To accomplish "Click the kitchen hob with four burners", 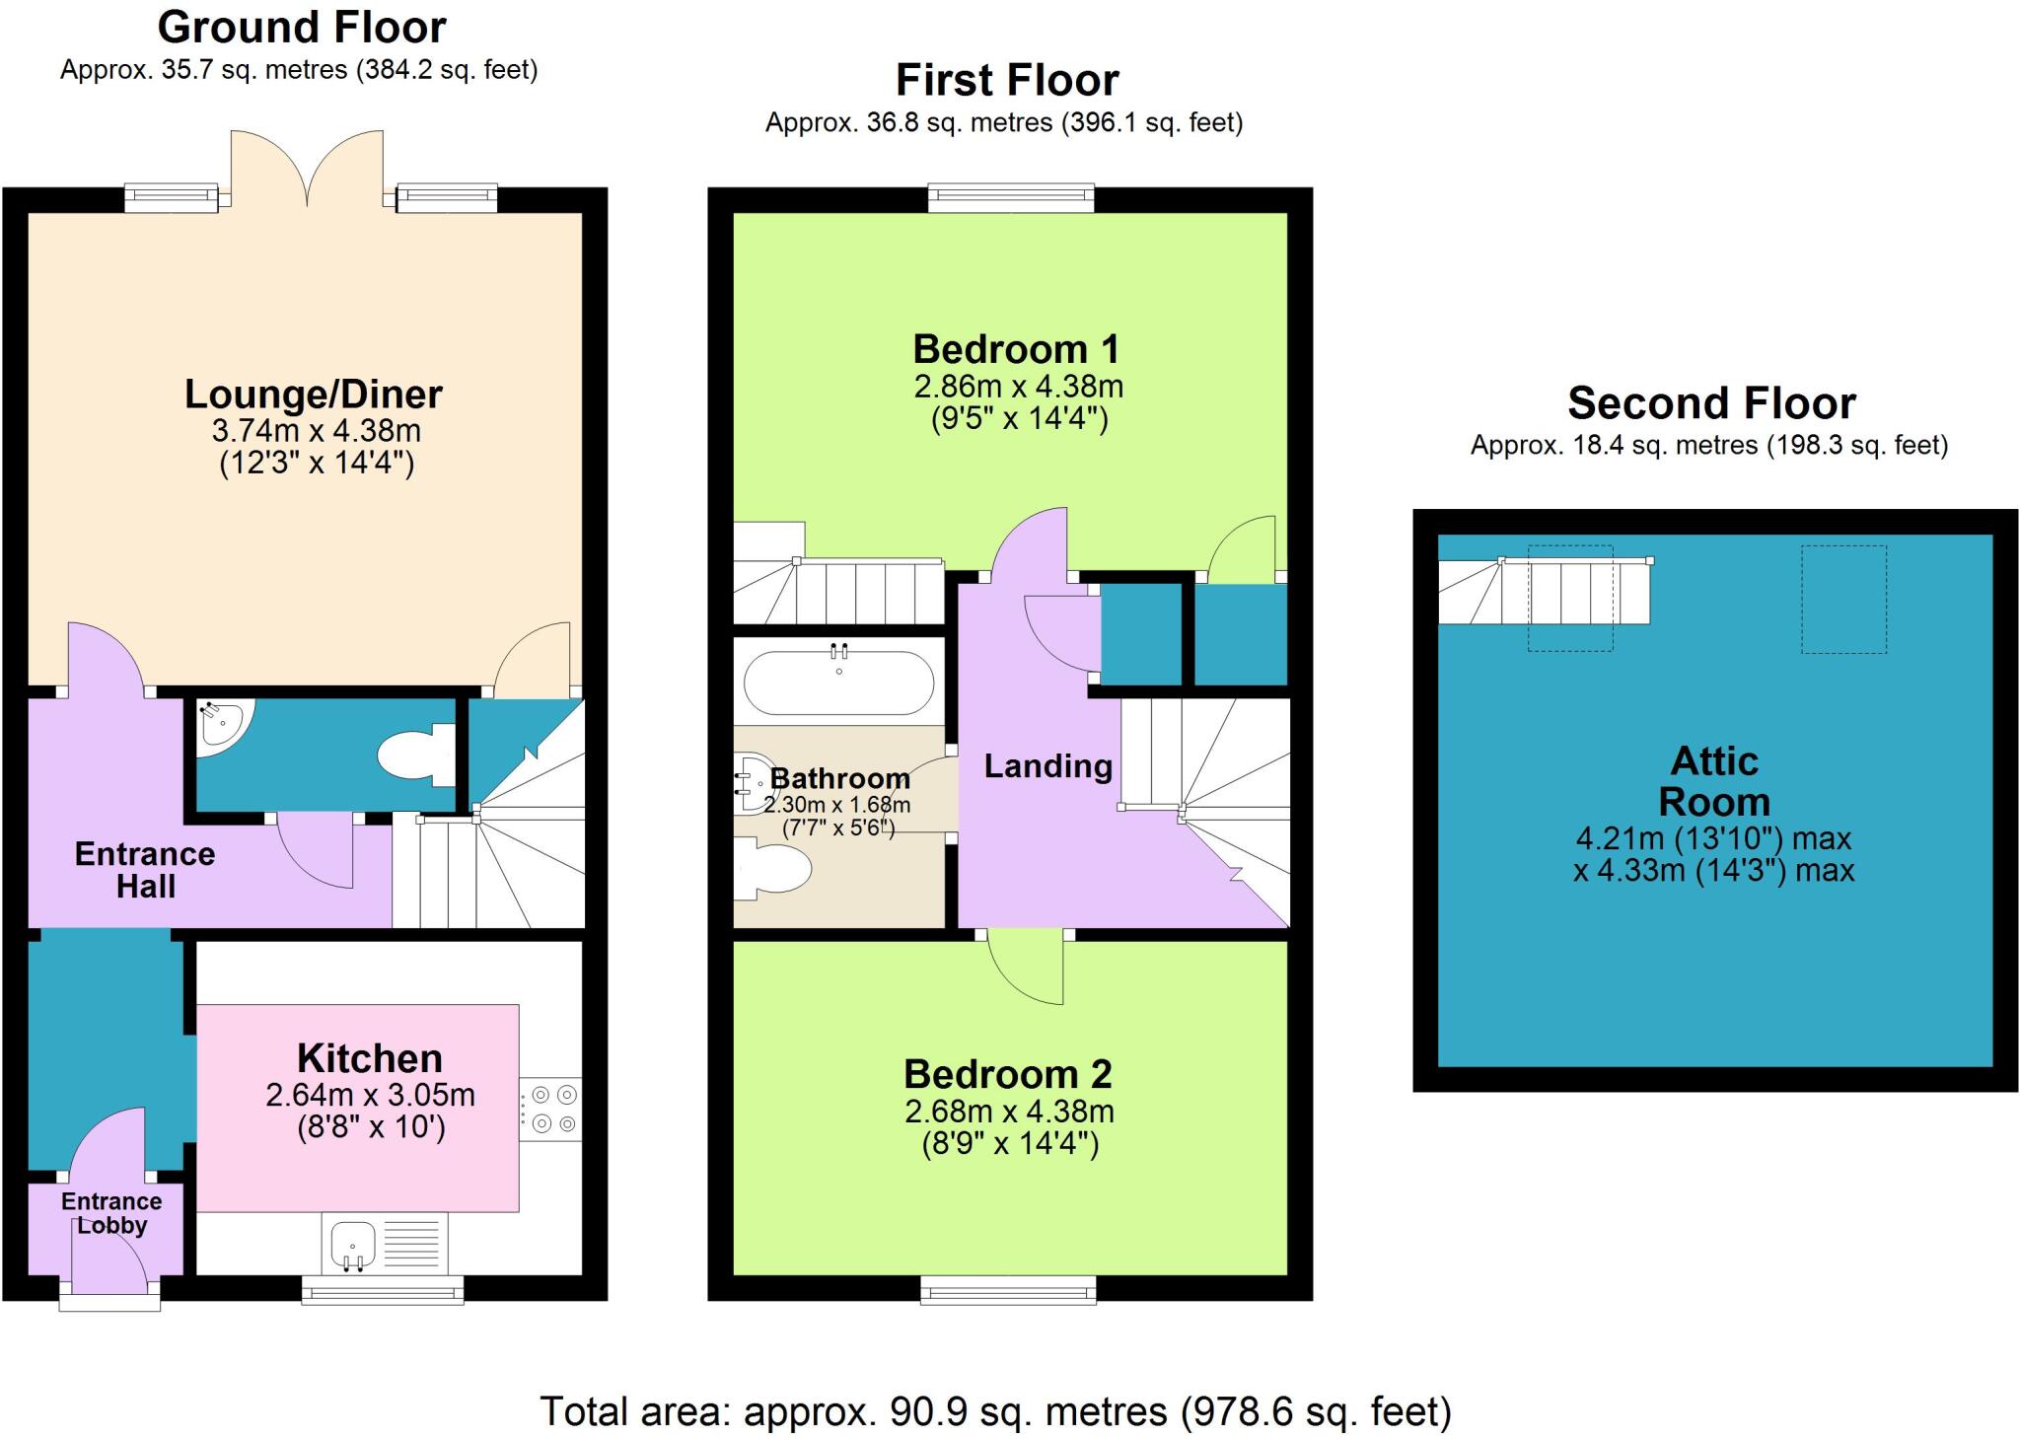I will [551, 1110].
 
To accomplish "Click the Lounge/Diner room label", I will [314, 395].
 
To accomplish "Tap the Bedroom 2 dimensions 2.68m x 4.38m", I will [1009, 1112].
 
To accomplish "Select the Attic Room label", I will [1713, 781].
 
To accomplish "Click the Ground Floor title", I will [302, 27].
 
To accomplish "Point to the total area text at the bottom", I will [995, 1411].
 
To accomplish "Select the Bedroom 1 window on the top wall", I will [1011, 197].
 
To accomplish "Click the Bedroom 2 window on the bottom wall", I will [1008, 1290].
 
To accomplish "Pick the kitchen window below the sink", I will [382, 1290].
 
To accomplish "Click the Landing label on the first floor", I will [1047, 766].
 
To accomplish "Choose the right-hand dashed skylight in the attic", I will [1843, 599].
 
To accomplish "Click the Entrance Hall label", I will [145, 870].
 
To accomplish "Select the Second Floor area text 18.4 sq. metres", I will [1708, 446].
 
